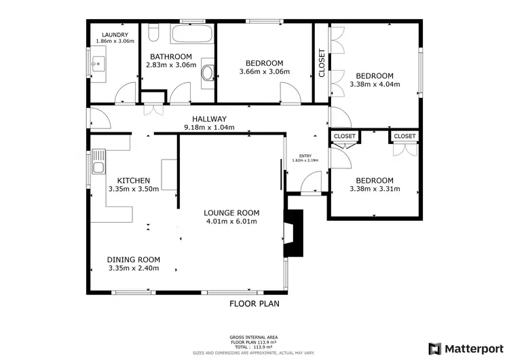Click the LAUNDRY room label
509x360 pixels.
pyautogui.click(x=111, y=35)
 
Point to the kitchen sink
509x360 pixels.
pyautogui.click(x=98, y=167)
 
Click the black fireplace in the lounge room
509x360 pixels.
pyautogui.click(x=293, y=233)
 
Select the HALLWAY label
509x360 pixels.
pyautogui.click(x=208, y=118)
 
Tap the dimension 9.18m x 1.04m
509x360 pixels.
pyautogui.click(x=210, y=127)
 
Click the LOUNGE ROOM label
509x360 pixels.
pyautogui.click(x=231, y=213)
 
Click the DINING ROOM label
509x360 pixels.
pyautogui.click(x=134, y=259)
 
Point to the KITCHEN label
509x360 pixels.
pyautogui.click(x=133, y=180)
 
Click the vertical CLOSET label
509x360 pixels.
pyautogui.click(x=321, y=63)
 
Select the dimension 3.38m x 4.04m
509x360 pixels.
pyautogui.click(x=375, y=85)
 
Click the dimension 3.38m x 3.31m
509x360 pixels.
pyautogui.click(x=375, y=189)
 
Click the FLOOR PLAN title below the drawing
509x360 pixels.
pyautogui.click(x=254, y=304)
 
